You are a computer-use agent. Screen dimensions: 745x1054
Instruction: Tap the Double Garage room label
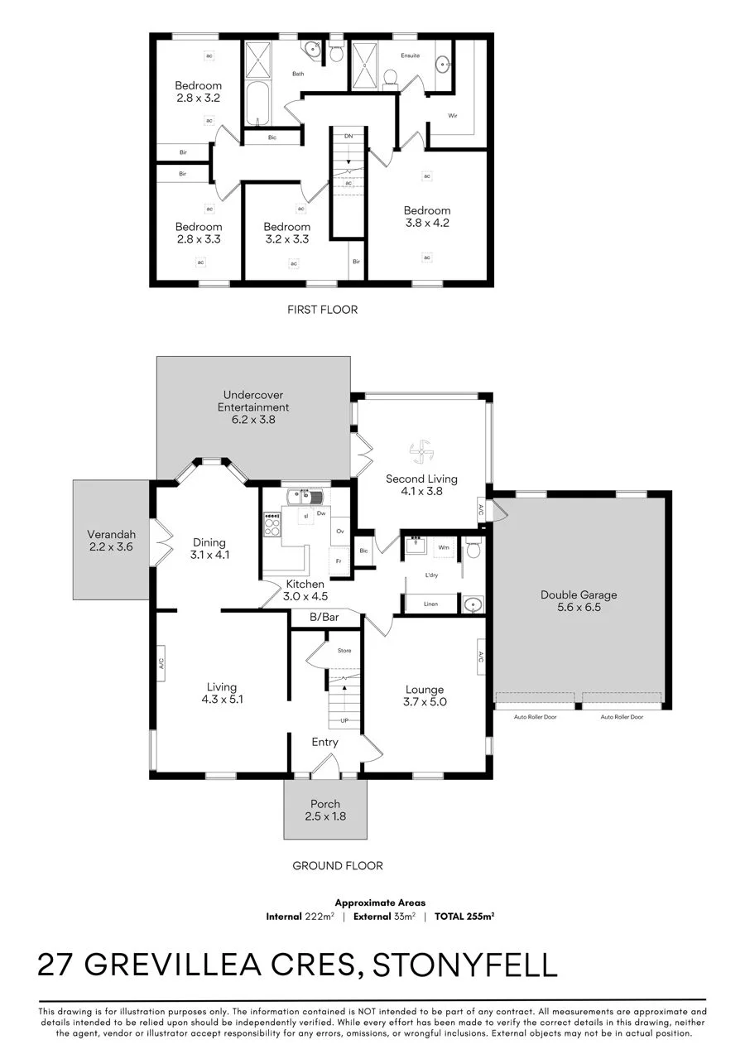click(579, 594)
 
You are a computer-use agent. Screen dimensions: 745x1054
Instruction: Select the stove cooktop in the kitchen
click(272, 525)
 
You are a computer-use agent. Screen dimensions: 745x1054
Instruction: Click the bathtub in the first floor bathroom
click(257, 103)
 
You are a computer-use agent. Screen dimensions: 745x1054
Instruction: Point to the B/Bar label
click(324, 617)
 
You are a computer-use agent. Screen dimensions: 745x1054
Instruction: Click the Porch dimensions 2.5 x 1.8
click(325, 816)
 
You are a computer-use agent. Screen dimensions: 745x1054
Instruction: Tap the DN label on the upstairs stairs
click(348, 136)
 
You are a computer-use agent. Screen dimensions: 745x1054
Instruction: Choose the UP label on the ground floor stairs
click(344, 720)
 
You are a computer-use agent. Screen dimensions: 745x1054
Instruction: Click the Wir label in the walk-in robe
click(453, 115)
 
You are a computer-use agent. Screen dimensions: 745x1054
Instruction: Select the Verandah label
click(111, 535)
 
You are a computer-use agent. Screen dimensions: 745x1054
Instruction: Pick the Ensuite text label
click(410, 55)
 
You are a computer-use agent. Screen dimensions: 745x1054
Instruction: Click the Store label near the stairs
click(344, 650)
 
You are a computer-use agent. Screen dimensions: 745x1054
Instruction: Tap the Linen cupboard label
click(430, 604)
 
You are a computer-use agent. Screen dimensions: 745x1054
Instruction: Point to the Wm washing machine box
click(444, 547)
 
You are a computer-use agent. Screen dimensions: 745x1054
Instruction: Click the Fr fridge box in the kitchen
click(339, 562)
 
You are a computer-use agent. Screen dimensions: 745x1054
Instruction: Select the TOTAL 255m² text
click(464, 916)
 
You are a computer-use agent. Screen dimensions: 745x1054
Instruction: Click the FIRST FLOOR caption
click(323, 310)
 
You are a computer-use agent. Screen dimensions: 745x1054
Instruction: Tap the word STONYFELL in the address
click(464, 965)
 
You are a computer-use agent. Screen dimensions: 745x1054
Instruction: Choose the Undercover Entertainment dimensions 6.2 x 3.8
click(253, 419)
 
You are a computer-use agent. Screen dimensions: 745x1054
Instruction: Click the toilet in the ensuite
click(391, 79)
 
